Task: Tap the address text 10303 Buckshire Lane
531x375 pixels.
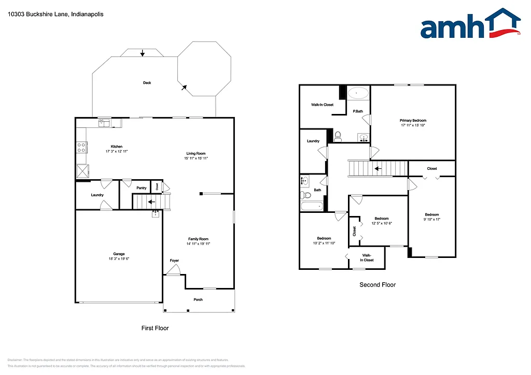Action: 55,15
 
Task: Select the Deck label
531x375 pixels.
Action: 147,83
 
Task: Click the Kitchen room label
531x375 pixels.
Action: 117,147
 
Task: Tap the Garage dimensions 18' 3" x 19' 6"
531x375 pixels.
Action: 119,258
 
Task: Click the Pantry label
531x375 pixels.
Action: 142,188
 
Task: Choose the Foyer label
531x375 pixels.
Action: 174,261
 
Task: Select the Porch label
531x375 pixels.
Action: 198,299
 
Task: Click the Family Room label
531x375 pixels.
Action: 198,239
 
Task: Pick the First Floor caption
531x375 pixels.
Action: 155,328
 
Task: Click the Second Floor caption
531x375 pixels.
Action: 378,285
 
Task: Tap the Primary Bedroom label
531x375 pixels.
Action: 413,120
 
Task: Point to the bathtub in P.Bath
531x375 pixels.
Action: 358,93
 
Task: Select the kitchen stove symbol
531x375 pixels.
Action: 81,147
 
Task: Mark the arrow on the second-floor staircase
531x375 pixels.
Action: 378,168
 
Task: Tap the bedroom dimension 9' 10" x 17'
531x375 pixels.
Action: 432,220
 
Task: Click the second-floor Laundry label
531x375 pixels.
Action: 313,141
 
